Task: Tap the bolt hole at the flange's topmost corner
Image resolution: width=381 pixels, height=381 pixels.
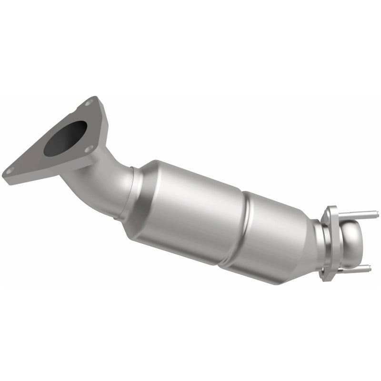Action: (x=89, y=102)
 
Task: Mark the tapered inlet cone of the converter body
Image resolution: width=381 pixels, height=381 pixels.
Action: (x=143, y=190)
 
